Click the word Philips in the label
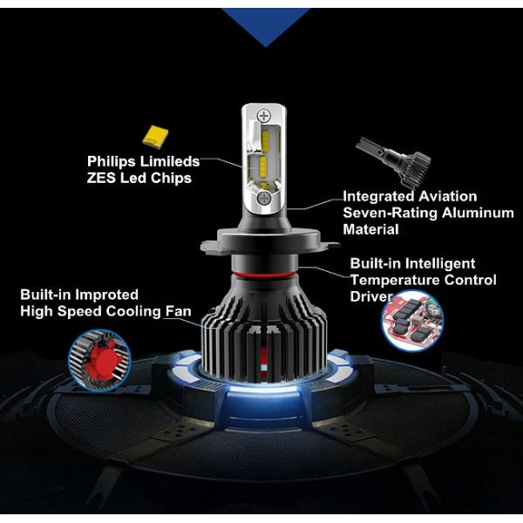point(111,162)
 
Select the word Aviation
point(448,196)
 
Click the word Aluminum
point(478,213)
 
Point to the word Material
point(370,229)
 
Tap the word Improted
point(106,295)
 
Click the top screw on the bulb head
point(264,116)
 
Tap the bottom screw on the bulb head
point(264,199)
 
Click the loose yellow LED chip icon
point(155,137)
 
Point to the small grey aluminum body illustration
point(394,160)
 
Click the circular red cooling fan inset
point(99,360)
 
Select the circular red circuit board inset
point(412,321)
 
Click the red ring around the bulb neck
point(264,275)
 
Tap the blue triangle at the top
point(266,27)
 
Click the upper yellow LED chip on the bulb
point(265,139)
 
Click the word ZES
point(101,178)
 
